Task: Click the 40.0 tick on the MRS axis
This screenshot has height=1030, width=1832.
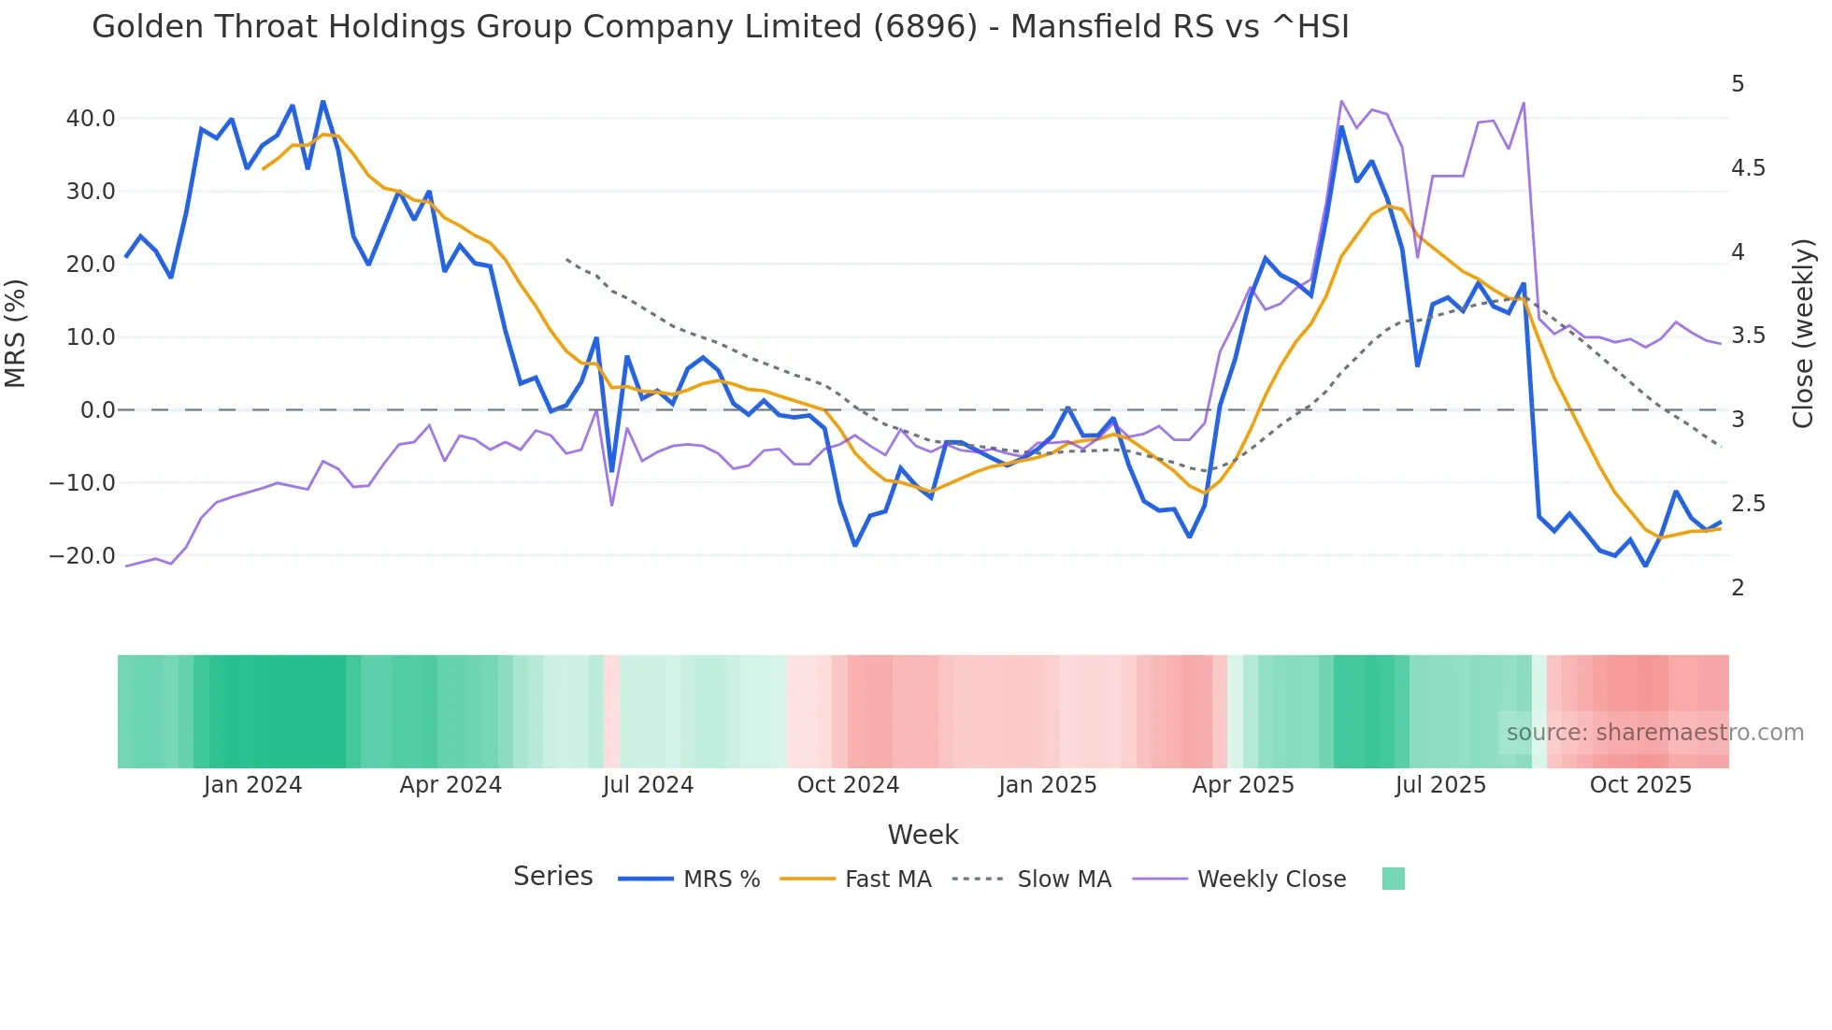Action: pyautogui.click(x=90, y=119)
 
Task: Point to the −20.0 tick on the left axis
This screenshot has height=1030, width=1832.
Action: pyautogui.click(x=82, y=556)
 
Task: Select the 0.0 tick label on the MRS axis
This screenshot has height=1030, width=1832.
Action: pyautogui.click(x=97, y=410)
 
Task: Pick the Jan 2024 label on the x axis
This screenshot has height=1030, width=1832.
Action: pyautogui.click(x=252, y=785)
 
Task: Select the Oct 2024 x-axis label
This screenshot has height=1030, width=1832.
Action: pyautogui.click(x=848, y=785)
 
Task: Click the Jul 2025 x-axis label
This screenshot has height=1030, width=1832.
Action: pyautogui.click(x=1440, y=785)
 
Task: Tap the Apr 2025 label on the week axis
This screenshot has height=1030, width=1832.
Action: pyautogui.click(x=1242, y=785)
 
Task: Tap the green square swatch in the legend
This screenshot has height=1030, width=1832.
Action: pyautogui.click(x=1393, y=880)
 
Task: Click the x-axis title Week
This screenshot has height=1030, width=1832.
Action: pyautogui.click(x=923, y=835)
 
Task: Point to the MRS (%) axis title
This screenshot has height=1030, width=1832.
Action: pyautogui.click(x=15, y=334)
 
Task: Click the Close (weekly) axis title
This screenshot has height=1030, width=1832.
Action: pyautogui.click(x=1803, y=334)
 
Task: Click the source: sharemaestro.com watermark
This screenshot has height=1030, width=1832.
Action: pyautogui.click(x=1654, y=733)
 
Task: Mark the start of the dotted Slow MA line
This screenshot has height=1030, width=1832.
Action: pyautogui.click(x=566, y=260)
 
